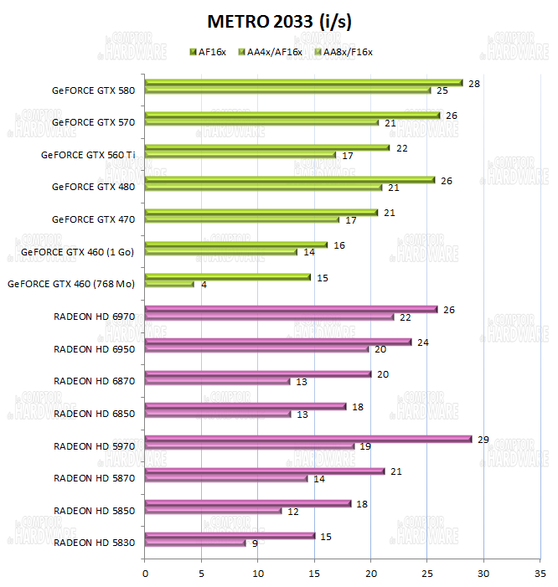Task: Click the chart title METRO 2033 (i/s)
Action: point(279,20)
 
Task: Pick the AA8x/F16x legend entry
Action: point(341,52)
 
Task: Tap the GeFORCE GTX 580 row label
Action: point(93,90)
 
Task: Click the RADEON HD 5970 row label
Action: point(94,445)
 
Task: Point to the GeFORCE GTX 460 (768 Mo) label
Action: point(71,284)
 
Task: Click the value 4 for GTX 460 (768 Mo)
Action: point(204,285)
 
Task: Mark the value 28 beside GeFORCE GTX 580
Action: point(474,84)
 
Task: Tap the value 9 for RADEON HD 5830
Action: point(255,543)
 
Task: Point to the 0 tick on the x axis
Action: point(145,574)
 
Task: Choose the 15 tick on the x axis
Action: point(314,574)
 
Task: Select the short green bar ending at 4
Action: point(169,284)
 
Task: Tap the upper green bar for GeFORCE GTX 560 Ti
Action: point(267,147)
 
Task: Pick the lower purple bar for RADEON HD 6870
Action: point(217,381)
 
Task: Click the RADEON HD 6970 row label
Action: point(94,317)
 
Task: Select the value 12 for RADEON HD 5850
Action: point(294,511)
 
